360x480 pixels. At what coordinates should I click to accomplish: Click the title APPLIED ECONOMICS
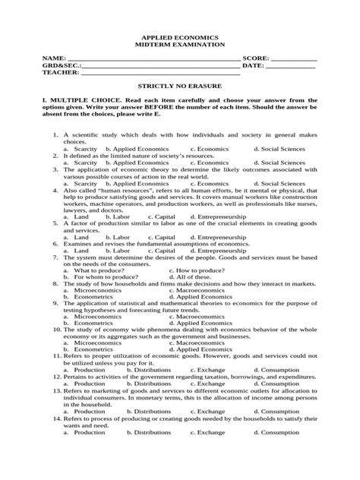click(180, 36)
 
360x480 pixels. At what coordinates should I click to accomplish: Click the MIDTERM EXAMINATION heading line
click(180, 45)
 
